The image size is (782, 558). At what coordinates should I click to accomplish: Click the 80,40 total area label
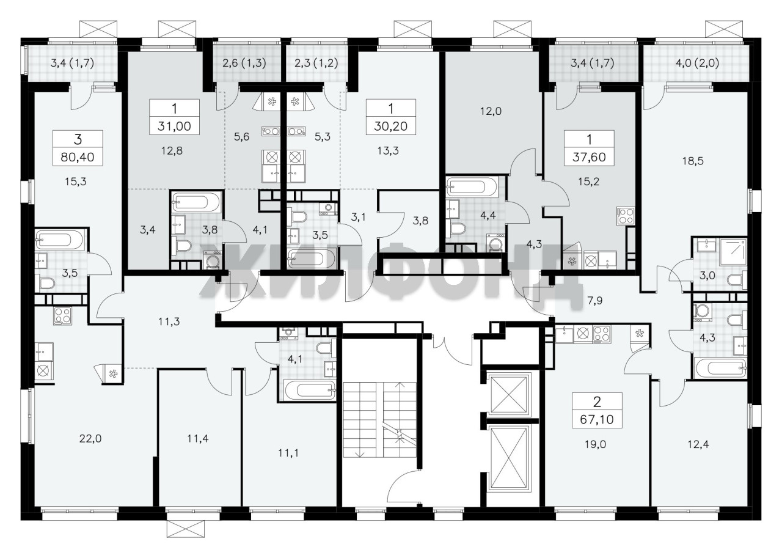[78, 158]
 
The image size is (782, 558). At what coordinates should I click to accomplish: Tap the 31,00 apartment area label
[174, 127]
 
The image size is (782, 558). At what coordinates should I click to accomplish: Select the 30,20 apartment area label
[390, 127]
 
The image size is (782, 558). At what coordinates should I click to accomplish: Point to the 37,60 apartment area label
[590, 158]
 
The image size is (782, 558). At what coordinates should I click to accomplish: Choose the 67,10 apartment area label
[597, 419]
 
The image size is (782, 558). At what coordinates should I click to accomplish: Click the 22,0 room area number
[90, 439]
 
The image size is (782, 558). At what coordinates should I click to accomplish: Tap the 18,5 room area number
[693, 161]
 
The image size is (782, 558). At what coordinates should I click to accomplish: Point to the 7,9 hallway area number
[595, 301]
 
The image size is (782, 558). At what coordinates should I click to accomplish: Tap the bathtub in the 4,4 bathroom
[472, 188]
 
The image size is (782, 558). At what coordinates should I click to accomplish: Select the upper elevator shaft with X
[508, 395]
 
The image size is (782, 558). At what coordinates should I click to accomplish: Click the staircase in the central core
[380, 419]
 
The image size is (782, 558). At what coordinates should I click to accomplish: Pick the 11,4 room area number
[198, 439]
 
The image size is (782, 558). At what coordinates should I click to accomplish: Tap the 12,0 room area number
[491, 111]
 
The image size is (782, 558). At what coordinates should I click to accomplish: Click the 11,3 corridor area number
[169, 321]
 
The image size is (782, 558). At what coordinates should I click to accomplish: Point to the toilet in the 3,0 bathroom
[737, 281]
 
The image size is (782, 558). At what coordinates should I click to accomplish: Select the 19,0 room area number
[596, 444]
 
